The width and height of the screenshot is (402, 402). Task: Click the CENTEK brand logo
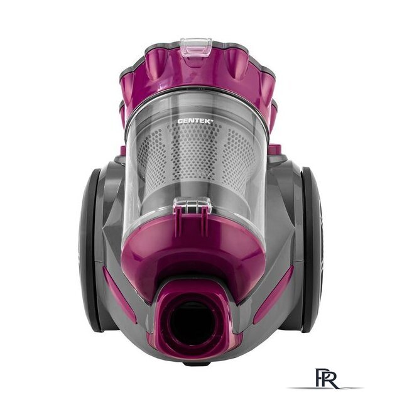(195, 121)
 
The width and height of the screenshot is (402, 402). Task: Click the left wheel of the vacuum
(91, 249)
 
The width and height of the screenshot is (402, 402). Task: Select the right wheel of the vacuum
(311, 249)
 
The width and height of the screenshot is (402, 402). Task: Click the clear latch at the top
(196, 47)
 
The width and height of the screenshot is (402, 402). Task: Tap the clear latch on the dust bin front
(193, 205)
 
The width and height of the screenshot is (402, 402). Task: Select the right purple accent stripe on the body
(274, 294)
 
